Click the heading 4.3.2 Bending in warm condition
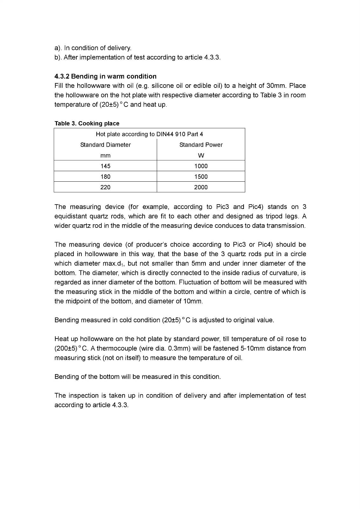pyautogui.click(x=105, y=76)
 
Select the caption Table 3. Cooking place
pyautogui.click(x=87, y=123)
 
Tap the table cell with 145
pyautogui.click(x=105, y=166)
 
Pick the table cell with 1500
pyautogui.click(x=201, y=177)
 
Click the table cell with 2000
pyautogui.click(x=201, y=187)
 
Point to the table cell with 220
pyautogui.click(x=105, y=187)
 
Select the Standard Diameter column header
pyautogui.click(x=105, y=145)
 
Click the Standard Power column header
pyautogui.click(x=201, y=145)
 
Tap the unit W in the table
pyautogui.click(x=201, y=156)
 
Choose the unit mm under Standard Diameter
pyautogui.click(x=105, y=156)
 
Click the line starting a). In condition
pyautogui.click(x=93, y=48)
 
